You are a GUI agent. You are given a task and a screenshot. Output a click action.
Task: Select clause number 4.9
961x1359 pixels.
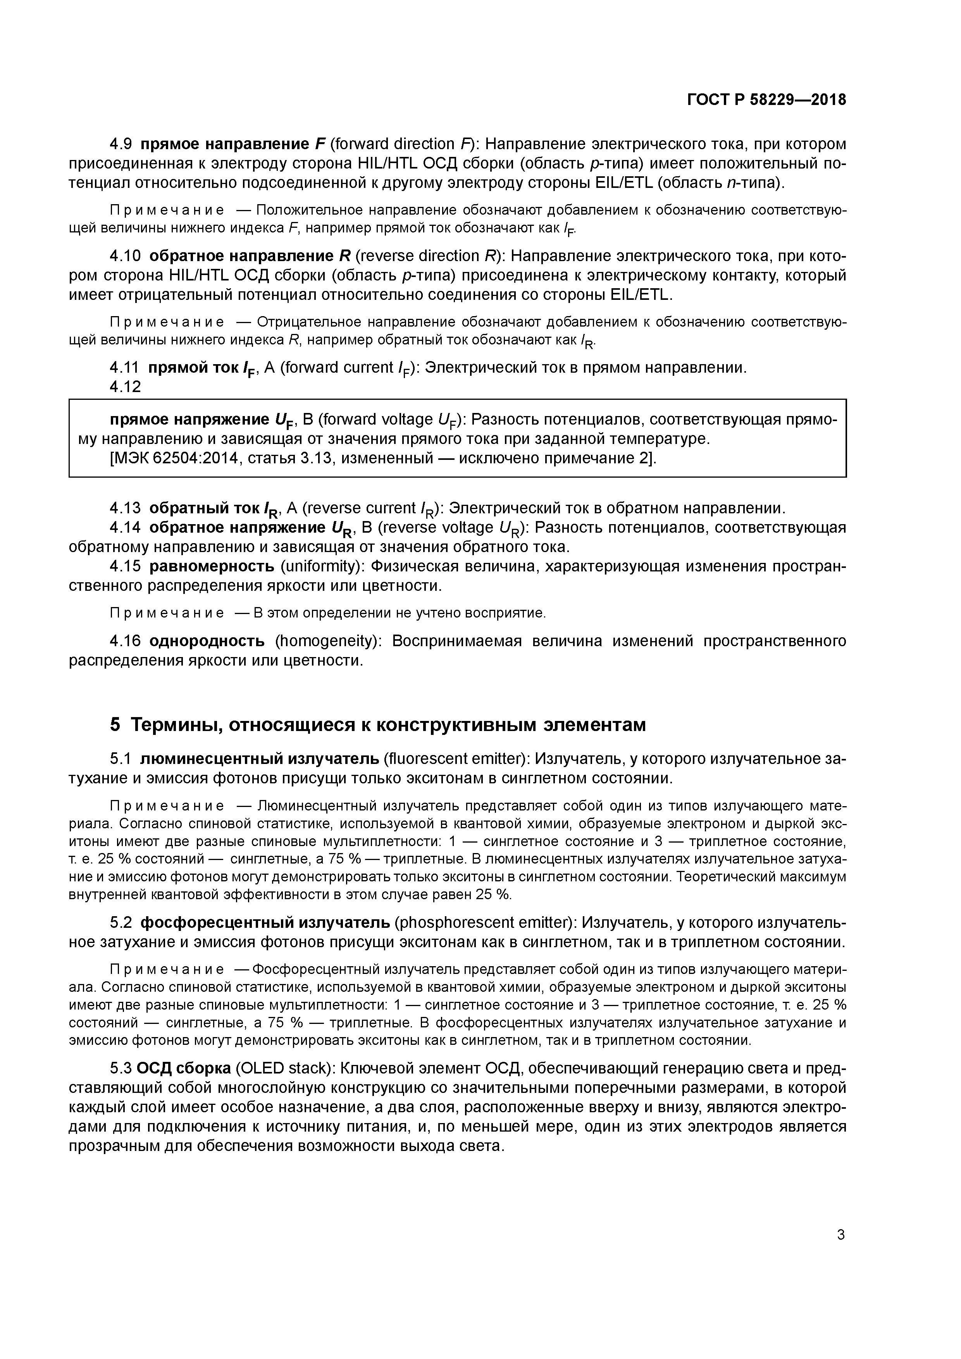(124, 144)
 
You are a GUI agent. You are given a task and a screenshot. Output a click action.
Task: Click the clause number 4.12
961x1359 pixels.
(126, 387)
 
